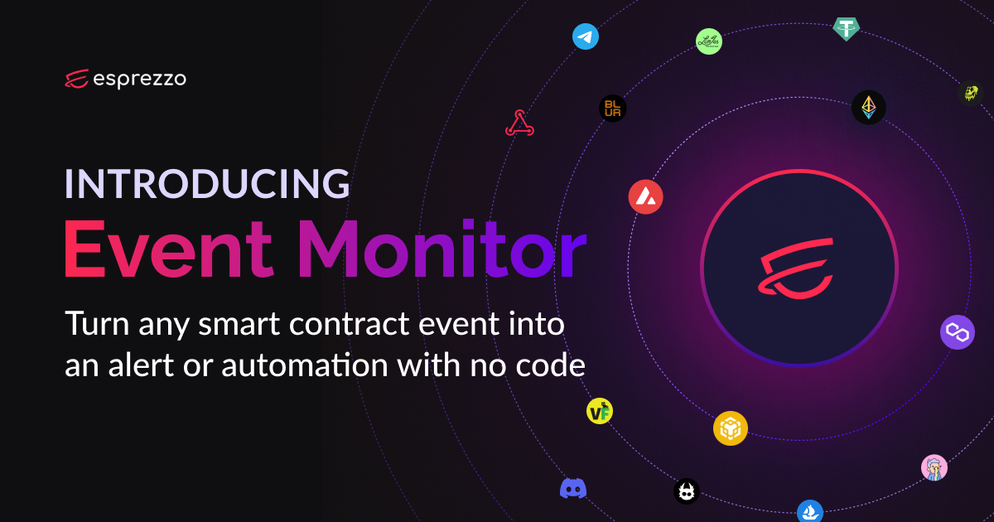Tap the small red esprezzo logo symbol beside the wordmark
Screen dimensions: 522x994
[x=77, y=79]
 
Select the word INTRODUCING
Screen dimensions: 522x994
[x=207, y=183]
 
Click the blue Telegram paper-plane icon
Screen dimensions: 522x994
[x=586, y=36]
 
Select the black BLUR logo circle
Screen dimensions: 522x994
[x=612, y=109]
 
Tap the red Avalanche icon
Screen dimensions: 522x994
[x=644, y=197]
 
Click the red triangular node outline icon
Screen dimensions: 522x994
[x=519, y=123]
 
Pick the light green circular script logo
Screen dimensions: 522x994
[x=709, y=41]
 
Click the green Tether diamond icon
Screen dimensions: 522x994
[x=847, y=29]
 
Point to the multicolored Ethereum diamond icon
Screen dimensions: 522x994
[x=869, y=107]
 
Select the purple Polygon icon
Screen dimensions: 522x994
[x=958, y=332]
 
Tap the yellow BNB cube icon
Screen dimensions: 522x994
[x=731, y=428]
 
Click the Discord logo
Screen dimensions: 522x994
[x=573, y=489]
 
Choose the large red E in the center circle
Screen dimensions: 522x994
[x=799, y=268]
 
